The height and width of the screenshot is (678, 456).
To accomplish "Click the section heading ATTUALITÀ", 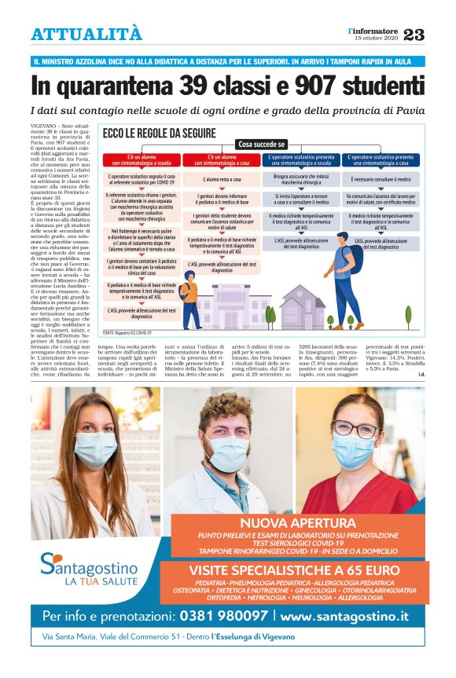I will coord(86,35).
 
